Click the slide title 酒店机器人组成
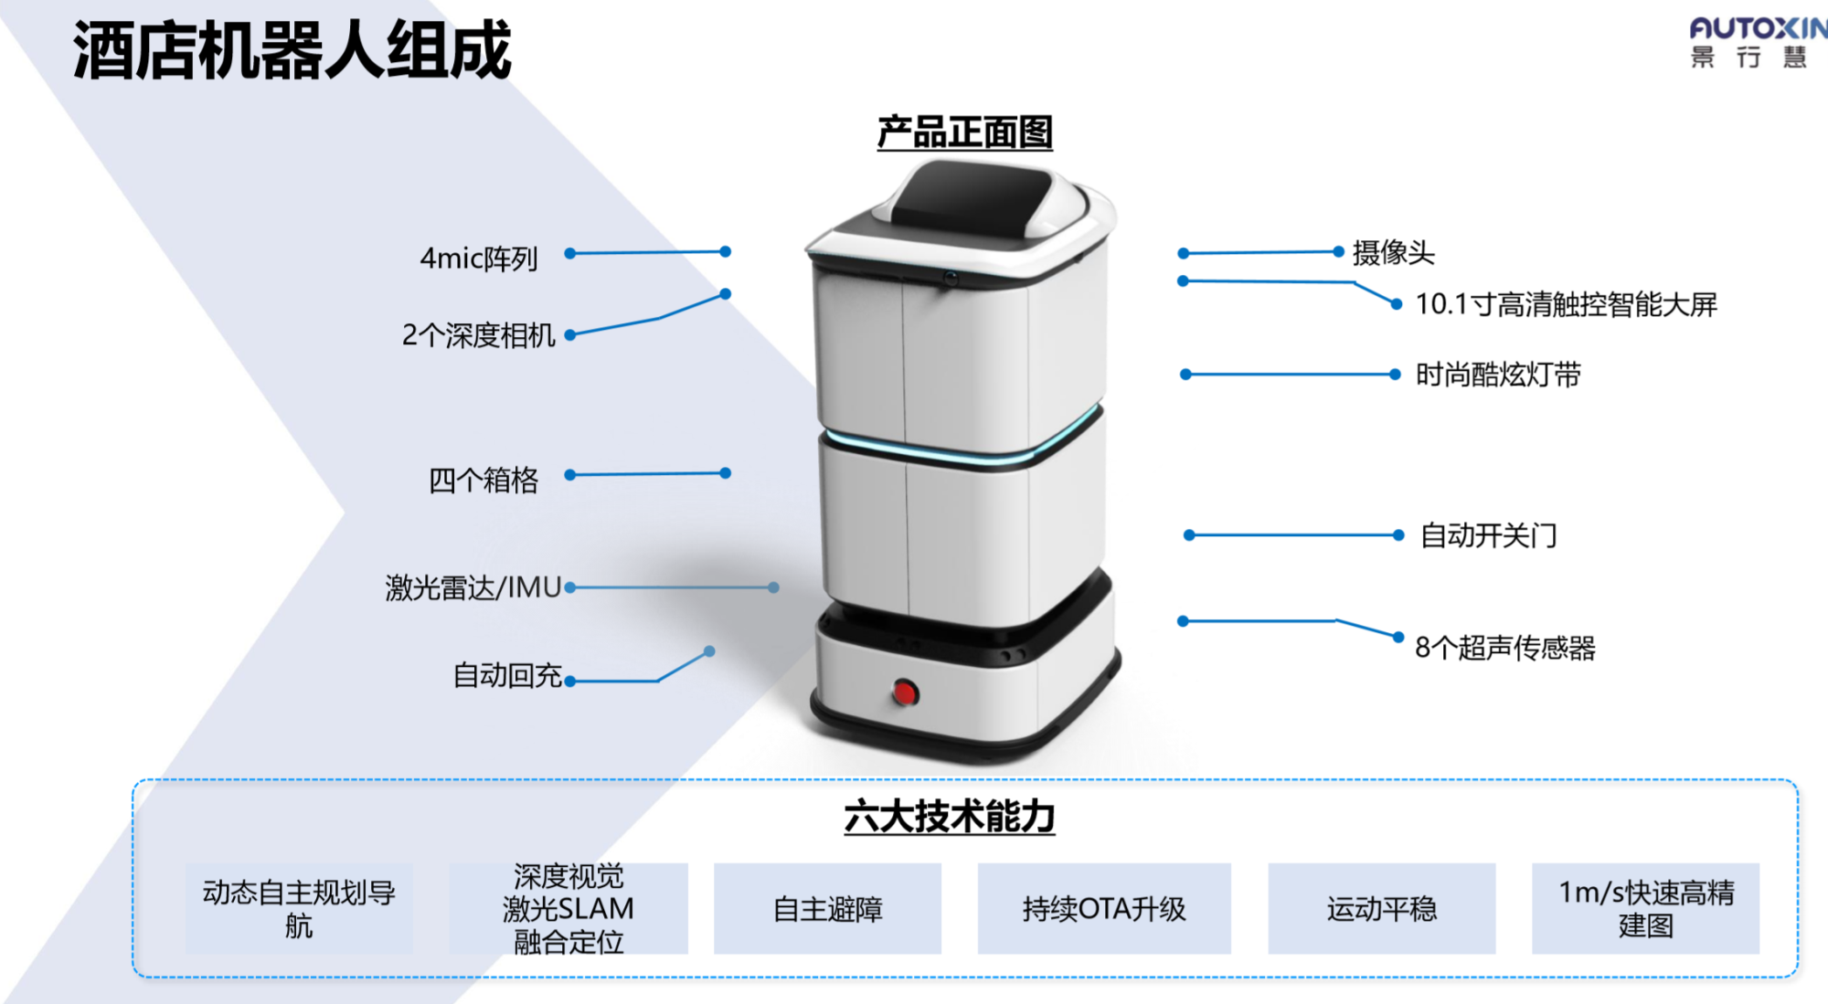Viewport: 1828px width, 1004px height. pos(292,51)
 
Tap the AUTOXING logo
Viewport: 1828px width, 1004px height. pos(1756,42)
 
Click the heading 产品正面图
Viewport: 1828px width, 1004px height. pos(964,132)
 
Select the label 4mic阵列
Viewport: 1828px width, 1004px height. pos(479,259)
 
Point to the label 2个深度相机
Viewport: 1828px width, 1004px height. pos(478,335)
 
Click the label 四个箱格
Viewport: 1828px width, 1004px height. pos(484,480)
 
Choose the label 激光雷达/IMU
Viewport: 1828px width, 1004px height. pos(473,587)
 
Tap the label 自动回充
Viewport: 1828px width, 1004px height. pos(507,675)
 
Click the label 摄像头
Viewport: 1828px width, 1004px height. pos(1393,252)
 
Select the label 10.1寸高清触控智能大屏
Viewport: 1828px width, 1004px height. pos(1566,304)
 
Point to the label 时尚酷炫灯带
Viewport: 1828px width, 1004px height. pos(1498,375)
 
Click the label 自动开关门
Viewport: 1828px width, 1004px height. pos(1488,535)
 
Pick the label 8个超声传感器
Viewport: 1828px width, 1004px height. pos(1504,648)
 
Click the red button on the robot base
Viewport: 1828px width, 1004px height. pos(905,692)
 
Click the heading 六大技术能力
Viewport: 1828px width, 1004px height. pos(949,816)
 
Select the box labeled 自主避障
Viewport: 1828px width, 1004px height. pos(827,909)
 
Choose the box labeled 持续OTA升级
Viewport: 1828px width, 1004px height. pos(1104,909)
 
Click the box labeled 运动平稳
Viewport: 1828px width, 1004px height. pos(1381,909)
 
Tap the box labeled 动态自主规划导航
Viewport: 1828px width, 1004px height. pos(299,909)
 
